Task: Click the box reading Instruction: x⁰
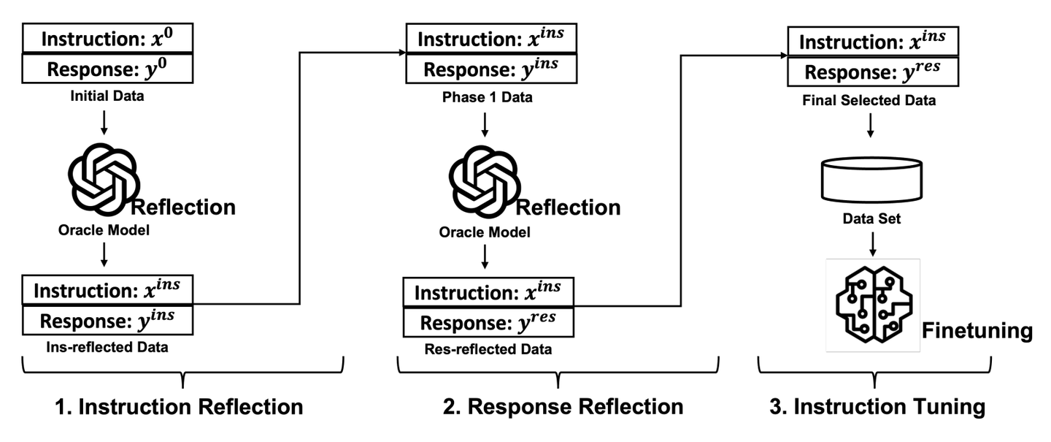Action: (108, 39)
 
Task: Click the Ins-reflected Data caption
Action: (108, 347)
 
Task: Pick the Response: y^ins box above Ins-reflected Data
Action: (108, 319)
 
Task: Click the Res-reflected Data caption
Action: (488, 350)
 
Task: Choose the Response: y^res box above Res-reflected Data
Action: (488, 321)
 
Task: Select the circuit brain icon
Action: (873, 304)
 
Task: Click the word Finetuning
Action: (977, 331)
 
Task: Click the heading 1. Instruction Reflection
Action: (180, 406)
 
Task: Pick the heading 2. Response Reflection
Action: (563, 406)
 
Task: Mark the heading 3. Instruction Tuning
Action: (876, 406)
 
